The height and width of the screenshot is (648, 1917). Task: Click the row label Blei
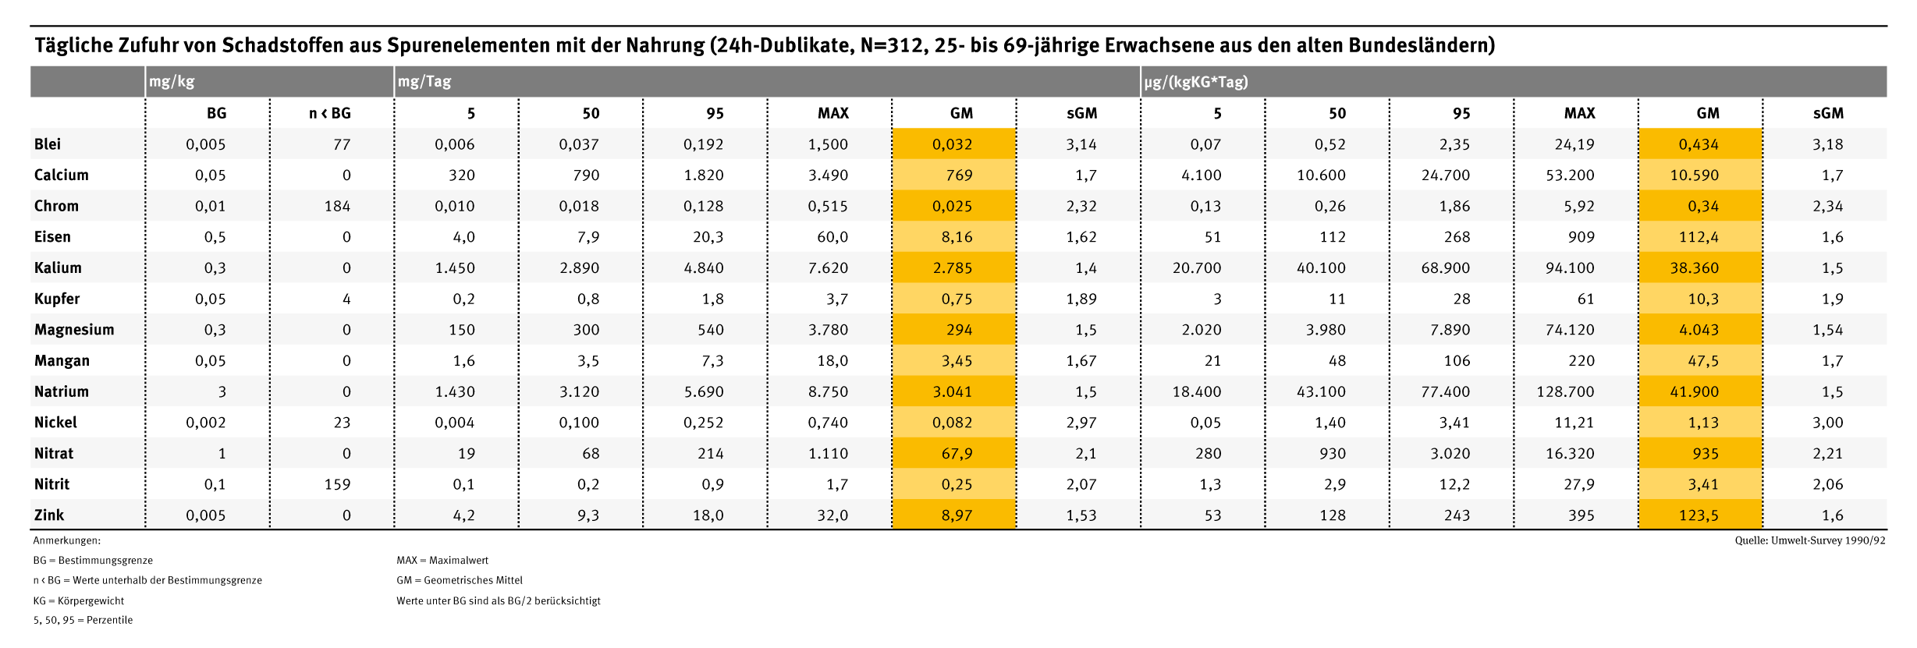48,144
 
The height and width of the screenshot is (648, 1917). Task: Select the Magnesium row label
74,330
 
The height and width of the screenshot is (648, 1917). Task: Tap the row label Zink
49,515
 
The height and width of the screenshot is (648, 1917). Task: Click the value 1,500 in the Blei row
828,144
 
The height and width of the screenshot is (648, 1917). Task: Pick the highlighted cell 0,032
953,144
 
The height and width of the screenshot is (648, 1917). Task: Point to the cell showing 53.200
1570,175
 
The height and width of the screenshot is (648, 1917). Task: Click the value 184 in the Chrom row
337,207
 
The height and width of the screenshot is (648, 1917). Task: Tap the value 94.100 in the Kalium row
1570,268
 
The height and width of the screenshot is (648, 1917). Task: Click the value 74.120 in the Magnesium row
1570,330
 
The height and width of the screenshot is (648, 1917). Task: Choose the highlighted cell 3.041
953,391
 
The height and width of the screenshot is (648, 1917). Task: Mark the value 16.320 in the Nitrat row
1570,454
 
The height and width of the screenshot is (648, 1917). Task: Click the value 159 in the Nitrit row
337,484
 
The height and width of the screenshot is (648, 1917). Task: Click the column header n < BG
330,113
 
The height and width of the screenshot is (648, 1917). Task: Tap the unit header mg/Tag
424,81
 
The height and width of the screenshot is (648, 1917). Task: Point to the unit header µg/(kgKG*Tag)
1196,81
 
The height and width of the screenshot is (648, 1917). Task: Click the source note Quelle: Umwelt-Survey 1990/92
1810,540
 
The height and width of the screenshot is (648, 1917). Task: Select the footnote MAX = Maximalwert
442,561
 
